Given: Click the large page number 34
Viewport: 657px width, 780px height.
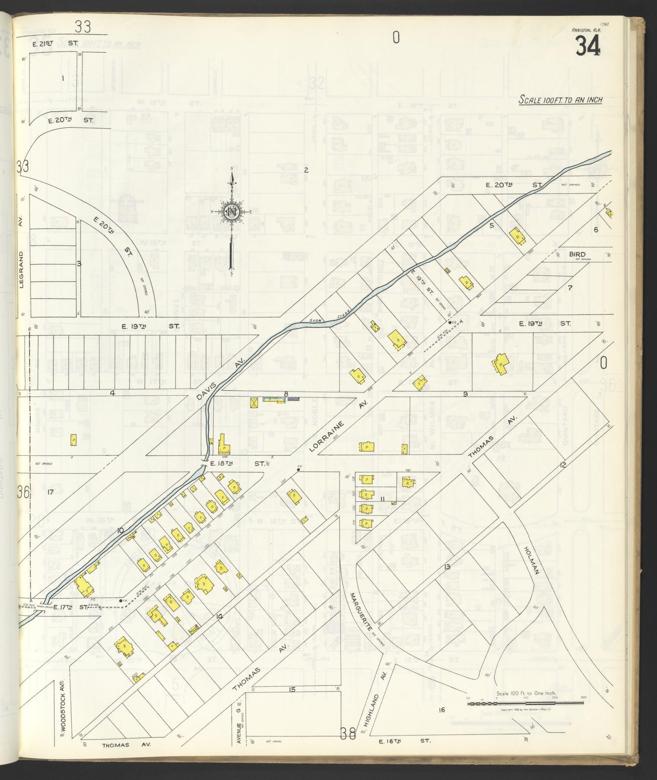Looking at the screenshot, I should coord(587,46).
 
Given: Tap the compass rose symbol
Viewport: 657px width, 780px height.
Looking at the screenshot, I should coord(232,212).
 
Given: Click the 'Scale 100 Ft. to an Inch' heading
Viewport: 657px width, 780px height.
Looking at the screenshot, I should coord(561,100).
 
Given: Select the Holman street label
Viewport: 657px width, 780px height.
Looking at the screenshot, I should coord(532,560).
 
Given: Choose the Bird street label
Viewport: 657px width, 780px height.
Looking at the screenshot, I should coord(577,254).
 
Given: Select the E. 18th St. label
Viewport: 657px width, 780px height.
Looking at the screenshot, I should coord(236,463).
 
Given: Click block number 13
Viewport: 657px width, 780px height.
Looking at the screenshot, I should coord(447,567).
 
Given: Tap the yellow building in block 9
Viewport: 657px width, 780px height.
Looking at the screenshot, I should coord(501,364).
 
